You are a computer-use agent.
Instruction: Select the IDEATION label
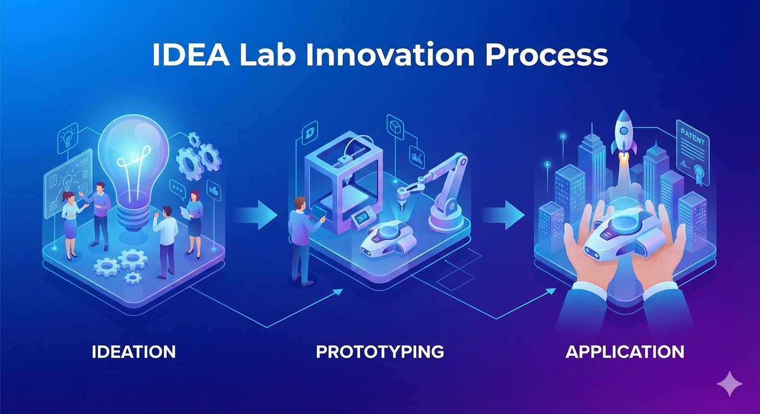point(134,352)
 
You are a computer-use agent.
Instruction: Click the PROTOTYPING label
point(380,352)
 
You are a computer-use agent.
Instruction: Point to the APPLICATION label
point(625,352)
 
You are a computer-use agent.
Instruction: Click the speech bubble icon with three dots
point(177,188)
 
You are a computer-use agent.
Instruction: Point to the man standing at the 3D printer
point(301,237)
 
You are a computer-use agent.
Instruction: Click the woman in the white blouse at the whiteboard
point(70,224)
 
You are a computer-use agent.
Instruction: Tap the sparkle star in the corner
point(729,383)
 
